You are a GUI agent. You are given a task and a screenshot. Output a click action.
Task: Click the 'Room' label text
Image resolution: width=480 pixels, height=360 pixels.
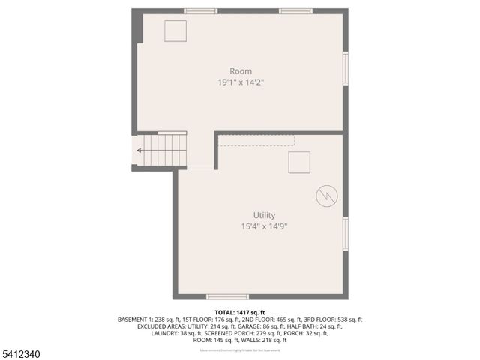[241, 71]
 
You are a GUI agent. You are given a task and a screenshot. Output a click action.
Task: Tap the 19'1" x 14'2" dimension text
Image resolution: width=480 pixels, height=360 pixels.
[241, 82]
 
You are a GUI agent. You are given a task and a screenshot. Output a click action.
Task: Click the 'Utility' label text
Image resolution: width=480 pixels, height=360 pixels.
[253, 215]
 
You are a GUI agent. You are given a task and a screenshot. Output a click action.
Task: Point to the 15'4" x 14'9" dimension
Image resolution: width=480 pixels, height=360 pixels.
[253, 226]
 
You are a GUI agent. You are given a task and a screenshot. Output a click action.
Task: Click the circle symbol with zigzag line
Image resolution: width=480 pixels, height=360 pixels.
[327, 196]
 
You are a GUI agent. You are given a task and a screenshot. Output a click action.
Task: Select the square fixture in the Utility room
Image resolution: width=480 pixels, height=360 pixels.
[299, 162]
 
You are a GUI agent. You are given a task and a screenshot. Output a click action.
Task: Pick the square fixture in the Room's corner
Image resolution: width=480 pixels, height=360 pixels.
[176, 31]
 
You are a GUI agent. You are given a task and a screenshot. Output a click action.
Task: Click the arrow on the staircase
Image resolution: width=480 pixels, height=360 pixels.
[140, 151]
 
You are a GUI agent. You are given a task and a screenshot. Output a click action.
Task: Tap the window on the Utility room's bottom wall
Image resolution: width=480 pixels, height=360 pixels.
[227, 297]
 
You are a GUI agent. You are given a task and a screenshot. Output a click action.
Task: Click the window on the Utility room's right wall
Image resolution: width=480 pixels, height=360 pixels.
[346, 232]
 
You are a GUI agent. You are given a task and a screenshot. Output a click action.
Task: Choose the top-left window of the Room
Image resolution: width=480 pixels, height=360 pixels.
[200, 11]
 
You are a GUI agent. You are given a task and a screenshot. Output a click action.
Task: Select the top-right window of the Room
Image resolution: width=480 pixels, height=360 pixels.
[296, 11]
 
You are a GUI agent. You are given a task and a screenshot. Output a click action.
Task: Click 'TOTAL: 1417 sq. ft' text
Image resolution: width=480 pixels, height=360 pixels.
[240, 312]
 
